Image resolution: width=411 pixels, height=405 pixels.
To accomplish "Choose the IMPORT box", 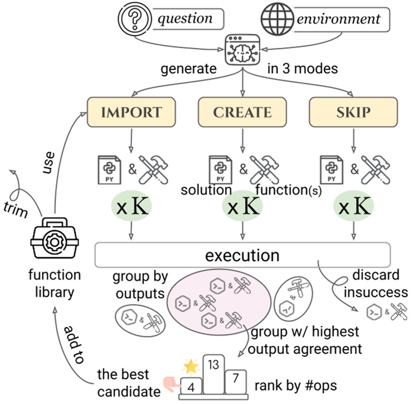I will [133, 111].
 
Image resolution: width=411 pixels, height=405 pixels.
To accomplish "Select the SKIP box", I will [352, 111].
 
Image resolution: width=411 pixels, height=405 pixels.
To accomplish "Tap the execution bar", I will [242, 256].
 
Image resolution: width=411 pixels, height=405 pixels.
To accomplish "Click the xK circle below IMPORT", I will [132, 206].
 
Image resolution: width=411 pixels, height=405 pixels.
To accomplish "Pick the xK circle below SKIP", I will [353, 206].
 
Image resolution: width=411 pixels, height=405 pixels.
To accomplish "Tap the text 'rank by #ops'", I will [293, 386].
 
